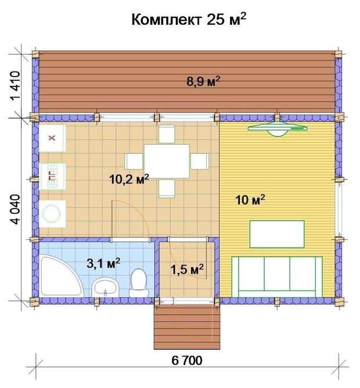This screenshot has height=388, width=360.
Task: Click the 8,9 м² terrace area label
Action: (202, 82)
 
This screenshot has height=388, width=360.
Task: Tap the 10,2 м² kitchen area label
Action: (129, 179)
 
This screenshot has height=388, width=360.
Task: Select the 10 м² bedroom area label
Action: (250, 200)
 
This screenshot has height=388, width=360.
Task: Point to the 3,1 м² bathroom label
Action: (103, 263)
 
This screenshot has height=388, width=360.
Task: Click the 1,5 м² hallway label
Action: (186, 269)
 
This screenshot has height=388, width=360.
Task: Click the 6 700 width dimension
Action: (187, 361)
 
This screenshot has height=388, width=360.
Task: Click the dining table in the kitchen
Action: (167, 161)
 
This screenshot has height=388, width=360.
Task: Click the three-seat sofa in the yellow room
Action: (278, 276)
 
